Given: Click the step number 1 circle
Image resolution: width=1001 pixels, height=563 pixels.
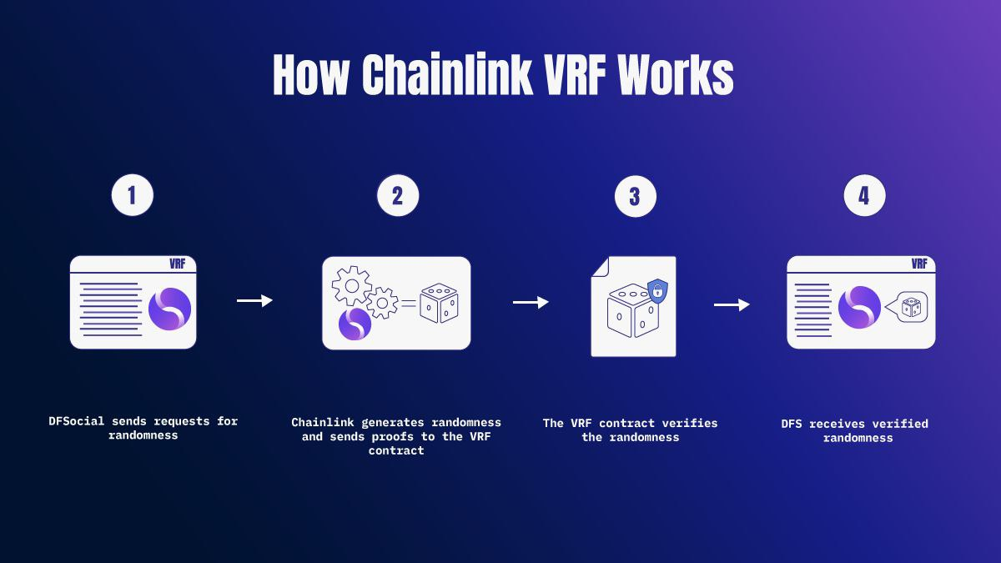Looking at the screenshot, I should (133, 195).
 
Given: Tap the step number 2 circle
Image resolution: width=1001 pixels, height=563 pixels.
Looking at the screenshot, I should (397, 195).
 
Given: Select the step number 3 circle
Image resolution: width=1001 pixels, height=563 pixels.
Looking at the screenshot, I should (635, 196).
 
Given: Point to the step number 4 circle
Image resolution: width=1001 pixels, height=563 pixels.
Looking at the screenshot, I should (864, 196).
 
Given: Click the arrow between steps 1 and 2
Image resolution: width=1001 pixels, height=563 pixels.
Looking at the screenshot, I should (254, 300).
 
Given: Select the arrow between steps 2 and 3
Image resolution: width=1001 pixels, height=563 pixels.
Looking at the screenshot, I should (531, 302).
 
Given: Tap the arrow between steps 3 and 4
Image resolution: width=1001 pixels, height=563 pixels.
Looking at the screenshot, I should (732, 305).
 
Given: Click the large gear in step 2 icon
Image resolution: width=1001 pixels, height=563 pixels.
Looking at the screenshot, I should (351, 285).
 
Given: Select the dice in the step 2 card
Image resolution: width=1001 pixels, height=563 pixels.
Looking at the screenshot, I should (438, 304).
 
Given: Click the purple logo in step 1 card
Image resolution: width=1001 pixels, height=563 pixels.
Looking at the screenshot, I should (169, 309).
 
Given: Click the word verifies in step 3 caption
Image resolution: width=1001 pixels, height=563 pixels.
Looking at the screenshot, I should (692, 423).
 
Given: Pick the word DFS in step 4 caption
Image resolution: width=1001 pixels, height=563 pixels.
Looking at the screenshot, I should (792, 424).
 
